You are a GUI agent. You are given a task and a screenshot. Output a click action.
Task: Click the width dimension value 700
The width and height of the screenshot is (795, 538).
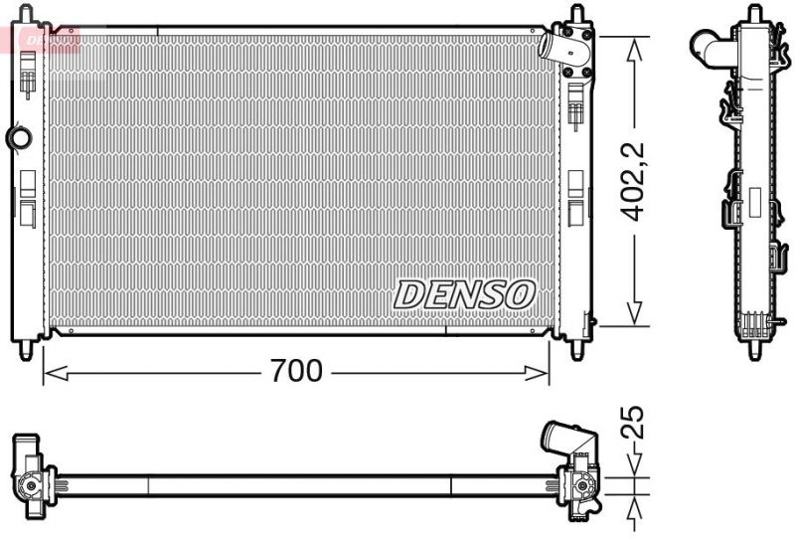point(296,372)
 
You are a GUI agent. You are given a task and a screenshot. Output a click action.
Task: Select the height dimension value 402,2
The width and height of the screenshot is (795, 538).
point(633,181)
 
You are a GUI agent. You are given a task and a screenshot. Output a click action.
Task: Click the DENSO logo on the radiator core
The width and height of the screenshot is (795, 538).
point(465,293)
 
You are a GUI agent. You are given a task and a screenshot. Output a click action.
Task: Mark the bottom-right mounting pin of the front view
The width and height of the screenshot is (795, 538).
point(577,350)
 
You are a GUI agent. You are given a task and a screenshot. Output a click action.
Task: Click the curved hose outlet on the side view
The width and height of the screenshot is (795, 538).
point(708,45)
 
